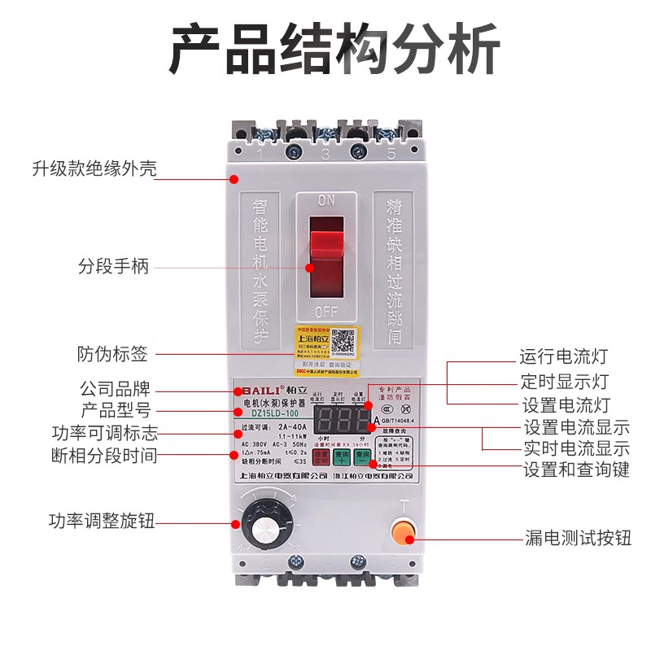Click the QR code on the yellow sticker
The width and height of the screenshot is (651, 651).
click(343, 340)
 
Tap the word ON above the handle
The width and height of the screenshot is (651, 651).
click(326, 200)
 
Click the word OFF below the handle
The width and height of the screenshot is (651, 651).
click(326, 311)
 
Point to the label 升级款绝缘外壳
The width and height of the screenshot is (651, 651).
click(94, 169)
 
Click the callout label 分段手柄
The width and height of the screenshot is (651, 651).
click(114, 266)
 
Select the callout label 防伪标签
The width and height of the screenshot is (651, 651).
click(113, 354)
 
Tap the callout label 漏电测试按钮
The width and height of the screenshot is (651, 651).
click(577, 537)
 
